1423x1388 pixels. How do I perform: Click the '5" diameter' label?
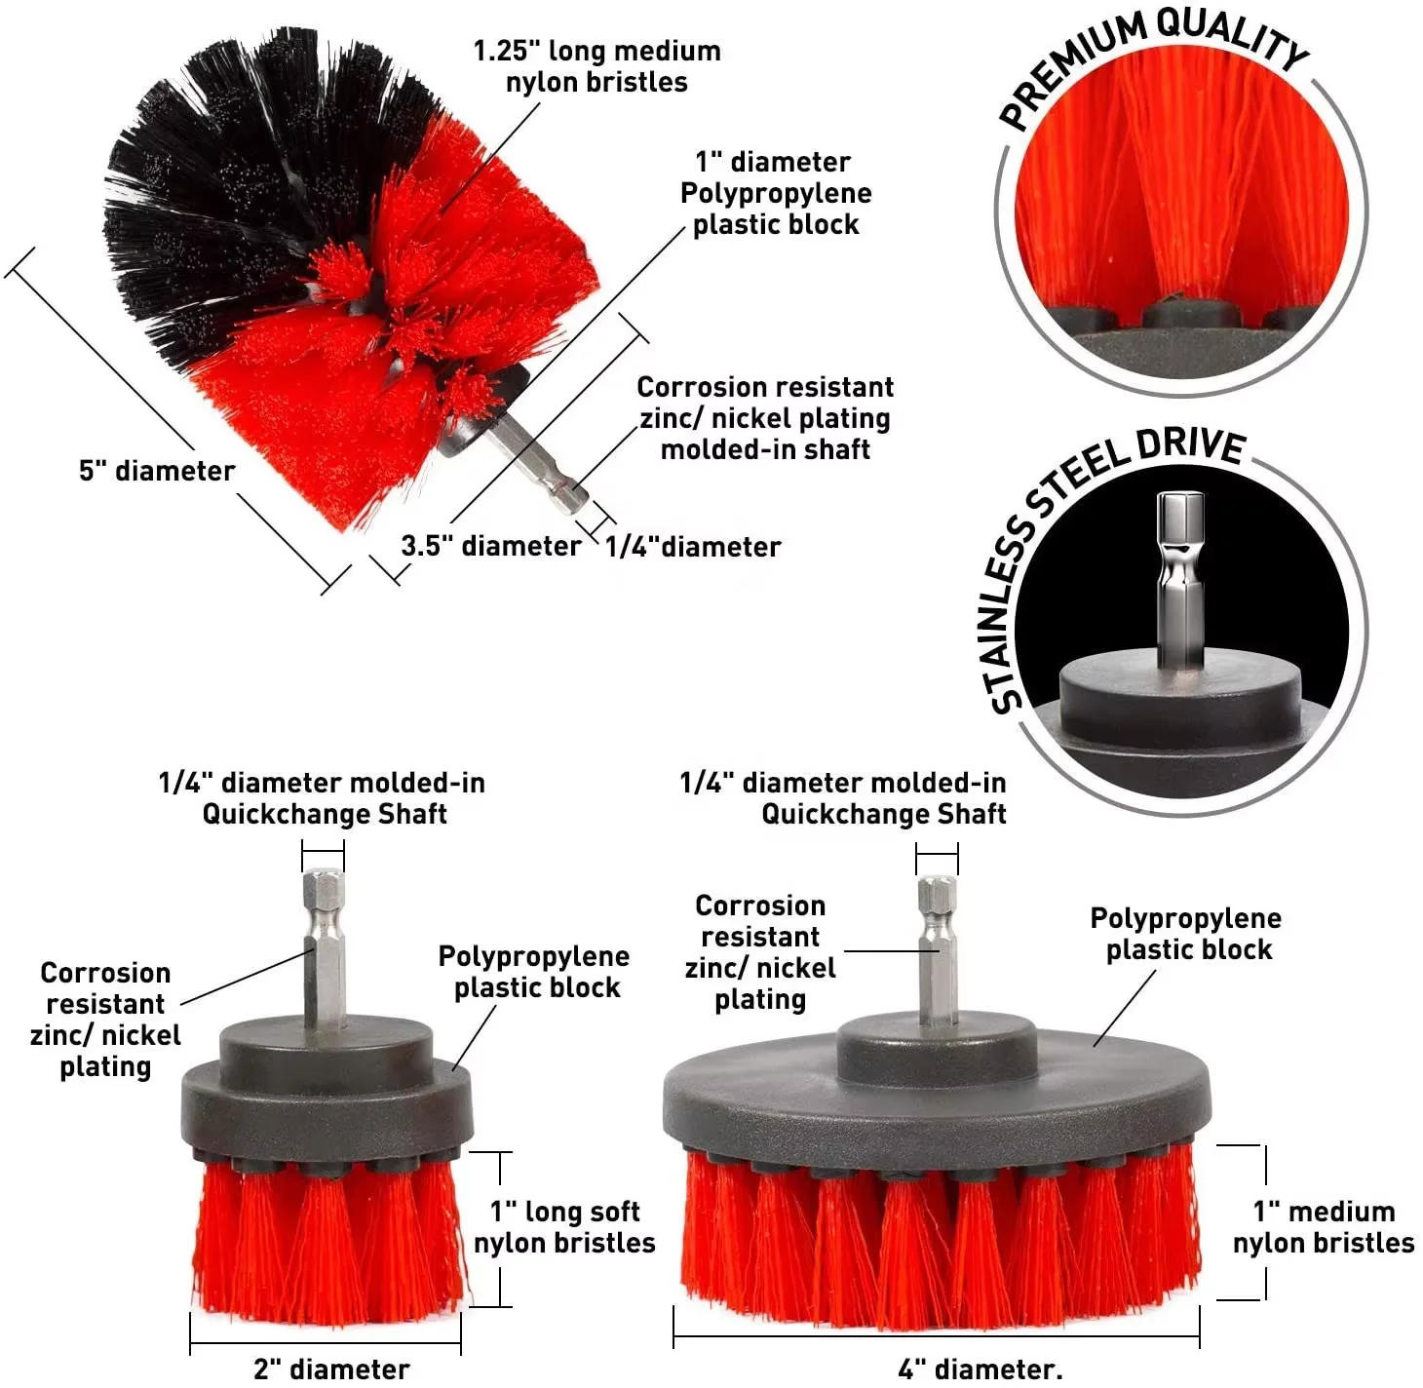pyautogui.click(x=157, y=472)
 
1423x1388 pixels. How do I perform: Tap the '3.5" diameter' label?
pyautogui.click(x=490, y=546)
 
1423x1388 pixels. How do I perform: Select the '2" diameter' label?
pyautogui.click(x=331, y=1369)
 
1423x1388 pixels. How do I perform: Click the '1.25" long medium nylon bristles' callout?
pyautogui.click(x=596, y=66)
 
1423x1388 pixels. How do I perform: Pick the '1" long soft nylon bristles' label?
pyautogui.click(x=564, y=1227)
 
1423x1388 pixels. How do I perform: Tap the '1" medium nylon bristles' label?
pyautogui.click(x=1324, y=1227)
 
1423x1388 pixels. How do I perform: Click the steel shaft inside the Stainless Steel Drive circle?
pyautogui.click(x=1180, y=575)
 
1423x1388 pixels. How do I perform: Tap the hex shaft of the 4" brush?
pyautogui.click(x=937, y=945)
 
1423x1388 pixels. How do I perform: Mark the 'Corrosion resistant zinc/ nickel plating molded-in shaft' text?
pyautogui.click(x=765, y=418)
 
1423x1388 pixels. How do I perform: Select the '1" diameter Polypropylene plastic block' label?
pyautogui.click(x=776, y=193)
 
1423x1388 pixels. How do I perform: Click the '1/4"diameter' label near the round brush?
pyautogui.click(x=693, y=548)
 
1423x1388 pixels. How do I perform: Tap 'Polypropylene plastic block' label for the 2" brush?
pyautogui.click(x=535, y=972)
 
